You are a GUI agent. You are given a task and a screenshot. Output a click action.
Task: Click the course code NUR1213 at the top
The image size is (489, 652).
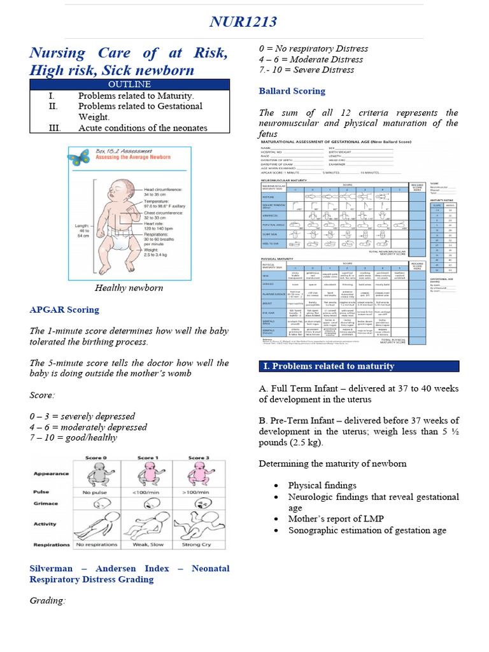244,22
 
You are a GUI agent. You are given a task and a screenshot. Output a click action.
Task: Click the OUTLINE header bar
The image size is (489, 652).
129,84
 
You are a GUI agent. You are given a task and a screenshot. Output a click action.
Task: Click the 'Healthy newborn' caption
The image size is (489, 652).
129,288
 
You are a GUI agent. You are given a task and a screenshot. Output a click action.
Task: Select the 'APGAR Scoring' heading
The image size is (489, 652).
64,310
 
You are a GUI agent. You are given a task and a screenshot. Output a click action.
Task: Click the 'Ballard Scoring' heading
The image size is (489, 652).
292,91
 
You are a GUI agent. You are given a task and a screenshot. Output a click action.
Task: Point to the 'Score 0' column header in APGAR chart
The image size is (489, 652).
96,458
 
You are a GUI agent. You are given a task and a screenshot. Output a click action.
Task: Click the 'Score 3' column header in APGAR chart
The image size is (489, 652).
197,458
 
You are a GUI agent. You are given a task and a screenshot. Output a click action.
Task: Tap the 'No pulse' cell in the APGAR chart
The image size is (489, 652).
96,492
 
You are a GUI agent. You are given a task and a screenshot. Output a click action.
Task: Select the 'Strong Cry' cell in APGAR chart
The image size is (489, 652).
197,544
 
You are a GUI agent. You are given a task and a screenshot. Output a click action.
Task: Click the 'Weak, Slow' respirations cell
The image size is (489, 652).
146,544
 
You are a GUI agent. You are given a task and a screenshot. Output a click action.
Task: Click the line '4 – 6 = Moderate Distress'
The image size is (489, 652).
311,59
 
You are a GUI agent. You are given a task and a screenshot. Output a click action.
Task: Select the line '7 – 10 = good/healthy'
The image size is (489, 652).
73,438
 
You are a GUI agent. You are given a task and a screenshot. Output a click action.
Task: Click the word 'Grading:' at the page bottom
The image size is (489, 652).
48,600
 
